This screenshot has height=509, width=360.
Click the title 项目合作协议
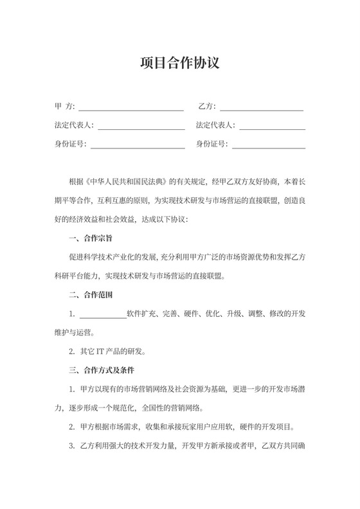180,64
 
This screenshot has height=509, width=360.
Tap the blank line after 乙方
261,109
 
